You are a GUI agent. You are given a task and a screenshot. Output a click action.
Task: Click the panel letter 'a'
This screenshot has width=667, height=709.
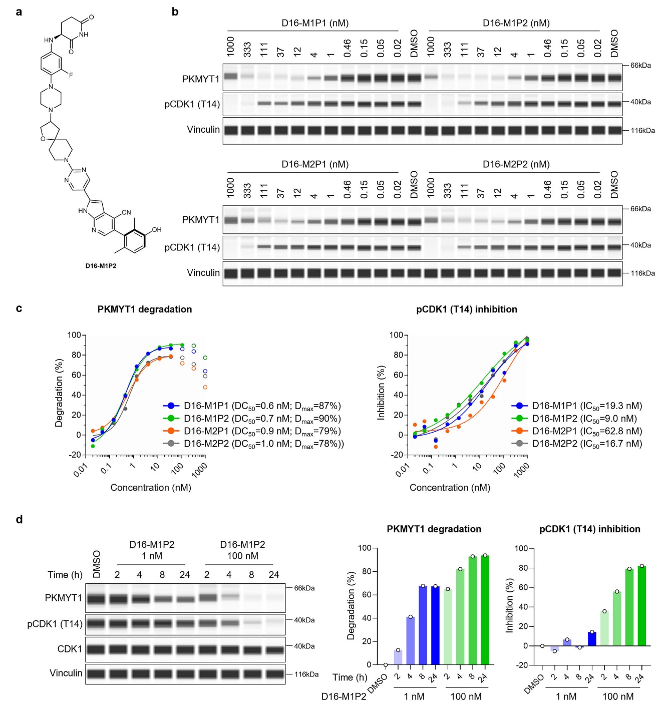pyautogui.click(x=19, y=12)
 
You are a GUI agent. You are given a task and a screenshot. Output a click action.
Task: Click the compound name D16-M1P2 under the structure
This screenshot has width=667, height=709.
pyautogui.click(x=101, y=266)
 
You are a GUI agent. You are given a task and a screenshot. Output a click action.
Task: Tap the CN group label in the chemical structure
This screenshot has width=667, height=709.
pyautogui.click(x=126, y=212)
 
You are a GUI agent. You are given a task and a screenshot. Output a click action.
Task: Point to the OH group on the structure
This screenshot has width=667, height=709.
pyautogui.click(x=156, y=230)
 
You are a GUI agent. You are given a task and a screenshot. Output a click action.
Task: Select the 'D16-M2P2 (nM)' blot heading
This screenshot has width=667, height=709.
pyautogui.click(x=516, y=164)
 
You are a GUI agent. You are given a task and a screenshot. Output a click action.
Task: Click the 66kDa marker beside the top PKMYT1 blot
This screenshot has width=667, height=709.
pyautogui.click(x=640, y=66)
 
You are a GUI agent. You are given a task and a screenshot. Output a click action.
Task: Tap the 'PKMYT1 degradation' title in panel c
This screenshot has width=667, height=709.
pyautogui.click(x=145, y=309)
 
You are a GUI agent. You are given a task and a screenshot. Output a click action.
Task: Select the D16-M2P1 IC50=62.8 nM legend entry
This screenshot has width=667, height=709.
pyautogui.click(x=586, y=431)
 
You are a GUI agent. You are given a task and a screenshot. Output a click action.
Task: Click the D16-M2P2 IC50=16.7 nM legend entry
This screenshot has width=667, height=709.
pyautogui.click(x=586, y=444)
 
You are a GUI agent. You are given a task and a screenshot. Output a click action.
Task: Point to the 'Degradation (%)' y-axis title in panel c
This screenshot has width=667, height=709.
pyautogui.click(x=59, y=393)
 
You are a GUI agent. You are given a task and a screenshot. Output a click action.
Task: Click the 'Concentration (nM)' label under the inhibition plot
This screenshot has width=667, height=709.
pyautogui.click(x=450, y=488)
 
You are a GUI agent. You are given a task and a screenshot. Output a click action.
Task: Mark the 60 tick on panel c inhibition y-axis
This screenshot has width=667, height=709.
pyautogui.click(x=397, y=375)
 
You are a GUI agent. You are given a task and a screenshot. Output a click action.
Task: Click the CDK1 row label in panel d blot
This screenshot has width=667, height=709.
pyautogui.click(x=70, y=649)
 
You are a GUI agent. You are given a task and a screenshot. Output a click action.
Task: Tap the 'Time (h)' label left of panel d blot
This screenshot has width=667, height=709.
pyautogui.click(x=65, y=575)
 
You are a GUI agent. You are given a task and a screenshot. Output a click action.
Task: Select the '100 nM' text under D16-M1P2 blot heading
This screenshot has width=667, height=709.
pyautogui.click(x=242, y=556)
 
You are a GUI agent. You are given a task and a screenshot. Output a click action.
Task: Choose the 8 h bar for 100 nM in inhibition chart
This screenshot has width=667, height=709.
pyautogui.click(x=629, y=607)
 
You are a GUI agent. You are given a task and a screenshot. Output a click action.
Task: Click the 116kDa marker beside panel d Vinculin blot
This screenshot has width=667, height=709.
pyautogui.click(x=306, y=674)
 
